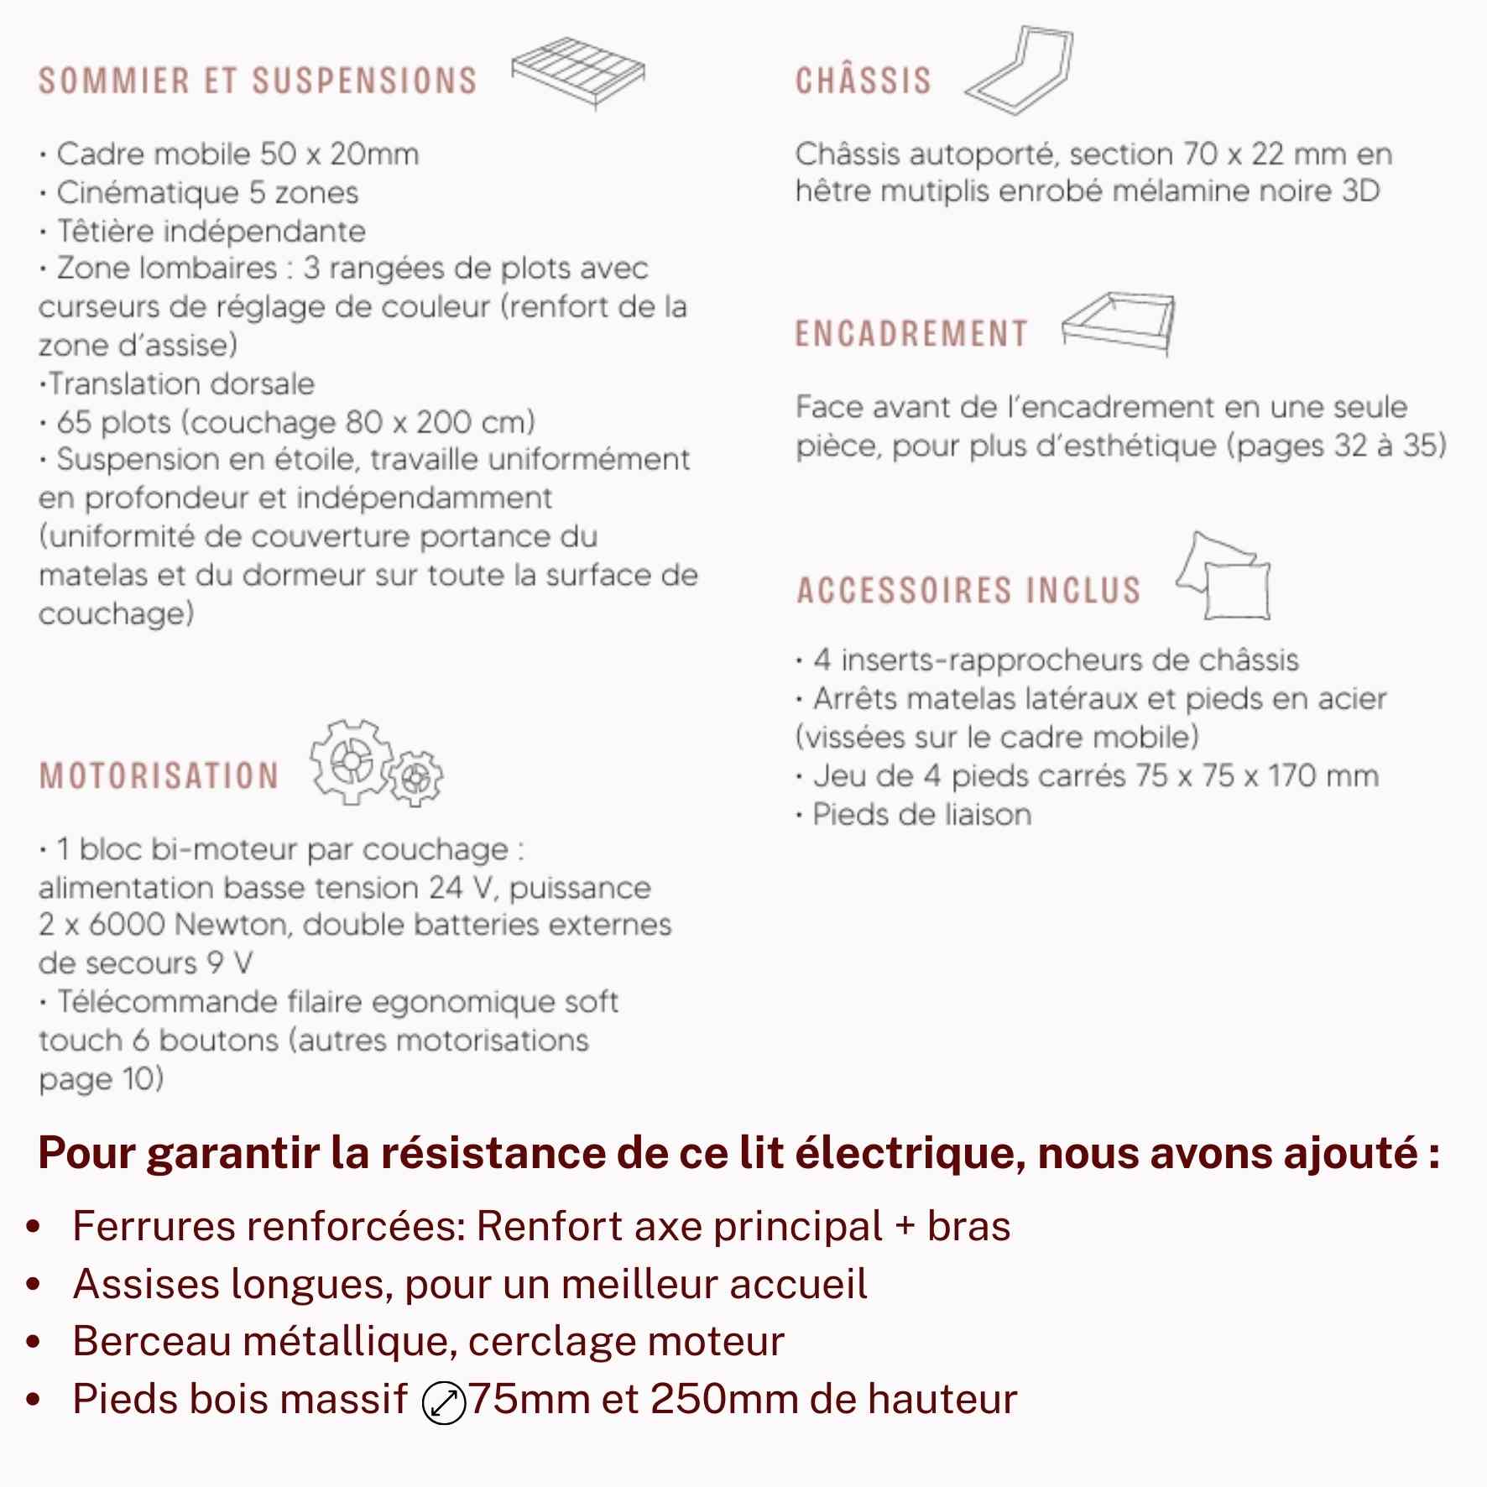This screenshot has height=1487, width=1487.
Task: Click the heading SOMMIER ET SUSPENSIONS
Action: [258, 81]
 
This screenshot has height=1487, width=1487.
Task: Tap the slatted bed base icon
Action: [578, 72]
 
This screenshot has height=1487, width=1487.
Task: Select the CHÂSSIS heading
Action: [864, 81]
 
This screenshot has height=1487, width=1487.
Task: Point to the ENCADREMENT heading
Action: [911, 334]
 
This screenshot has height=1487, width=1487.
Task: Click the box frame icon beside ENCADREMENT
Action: [1119, 323]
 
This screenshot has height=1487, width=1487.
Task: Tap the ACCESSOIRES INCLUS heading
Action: [968, 590]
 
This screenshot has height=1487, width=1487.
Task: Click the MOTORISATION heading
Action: [159, 776]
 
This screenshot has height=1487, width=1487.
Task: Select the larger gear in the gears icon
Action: [351, 761]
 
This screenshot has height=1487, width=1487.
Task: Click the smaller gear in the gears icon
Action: [415, 779]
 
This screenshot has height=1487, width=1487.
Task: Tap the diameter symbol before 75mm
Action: [443, 1404]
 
